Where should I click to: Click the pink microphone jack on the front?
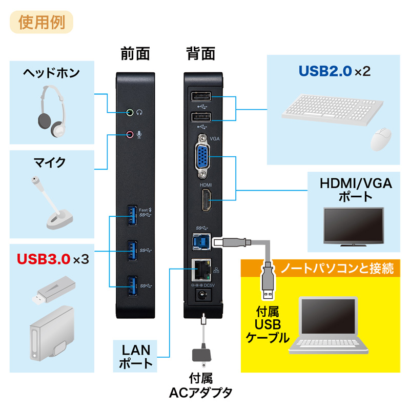pyautogui.click(x=130, y=134)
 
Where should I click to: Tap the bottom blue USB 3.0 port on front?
pyautogui.click(x=132, y=284)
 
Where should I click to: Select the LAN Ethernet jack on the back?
pyautogui.click(x=199, y=268)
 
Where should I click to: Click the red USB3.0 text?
pyautogui.click(x=43, y=259)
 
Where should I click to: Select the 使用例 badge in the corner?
pyautogui.click(x=40, y=23)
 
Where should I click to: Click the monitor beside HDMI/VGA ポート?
pyautogui.click(x=354, y=225)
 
